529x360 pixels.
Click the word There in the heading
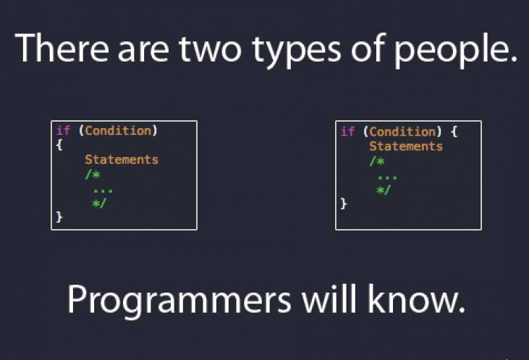(59, 49)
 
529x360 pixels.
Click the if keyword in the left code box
(62, 131)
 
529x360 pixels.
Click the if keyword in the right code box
(347, 131)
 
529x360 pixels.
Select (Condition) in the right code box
(402, 131)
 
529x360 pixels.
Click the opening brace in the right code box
(453, 131)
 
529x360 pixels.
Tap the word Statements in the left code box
(121, 159)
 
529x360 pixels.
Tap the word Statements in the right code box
(405, 146)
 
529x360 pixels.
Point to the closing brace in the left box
(59, 217)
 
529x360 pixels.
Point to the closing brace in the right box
(344, 204)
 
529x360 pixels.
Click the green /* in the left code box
(90, 174)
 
